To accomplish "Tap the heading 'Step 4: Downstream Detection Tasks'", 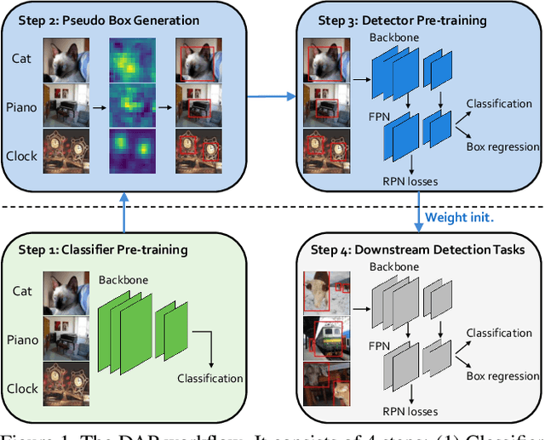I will click(x=416, y=250).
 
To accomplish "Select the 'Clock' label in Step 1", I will click(x=23, y=388).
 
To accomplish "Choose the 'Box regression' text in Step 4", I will click(x=502, y=374).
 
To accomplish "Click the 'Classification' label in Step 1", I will click(x=210, y=379).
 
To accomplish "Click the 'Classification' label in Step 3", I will click(x=499, y=104).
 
